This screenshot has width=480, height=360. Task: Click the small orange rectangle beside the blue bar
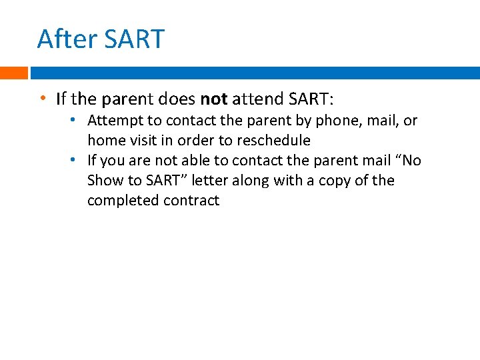coord(13,73)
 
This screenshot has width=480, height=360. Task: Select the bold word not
coord(213,99)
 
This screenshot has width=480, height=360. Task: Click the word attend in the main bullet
coord(257,99)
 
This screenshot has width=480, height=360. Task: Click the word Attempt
coord(111,121)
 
